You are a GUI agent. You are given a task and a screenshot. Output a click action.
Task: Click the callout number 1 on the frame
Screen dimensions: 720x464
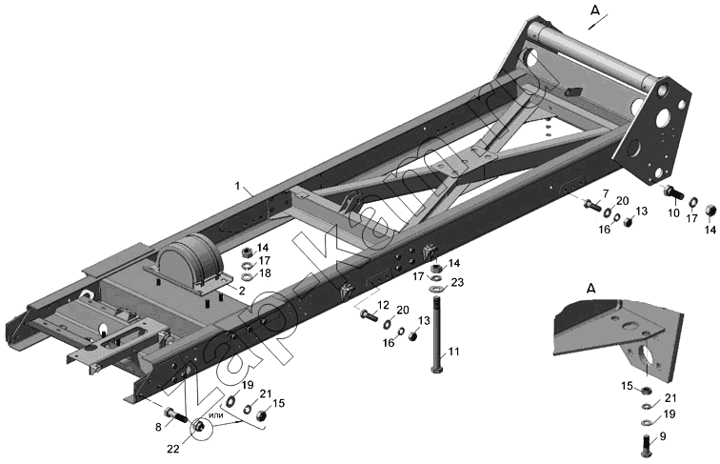(237, 186)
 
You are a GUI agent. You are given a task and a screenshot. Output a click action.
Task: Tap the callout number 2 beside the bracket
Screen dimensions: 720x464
(242, 291)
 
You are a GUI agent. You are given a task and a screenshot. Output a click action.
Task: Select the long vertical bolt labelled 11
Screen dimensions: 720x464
(437, 333)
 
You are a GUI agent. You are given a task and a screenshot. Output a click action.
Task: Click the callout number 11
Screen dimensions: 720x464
(453, 352)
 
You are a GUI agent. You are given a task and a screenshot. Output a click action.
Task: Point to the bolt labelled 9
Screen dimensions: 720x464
(647, 445)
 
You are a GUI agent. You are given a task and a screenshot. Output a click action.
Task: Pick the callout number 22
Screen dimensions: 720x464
(173, 449)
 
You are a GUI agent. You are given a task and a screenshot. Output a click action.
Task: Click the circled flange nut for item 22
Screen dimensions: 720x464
(199, 426)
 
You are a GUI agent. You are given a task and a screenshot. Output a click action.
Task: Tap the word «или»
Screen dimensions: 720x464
(216, 415)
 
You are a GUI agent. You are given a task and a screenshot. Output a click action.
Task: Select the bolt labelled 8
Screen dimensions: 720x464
(176, 414)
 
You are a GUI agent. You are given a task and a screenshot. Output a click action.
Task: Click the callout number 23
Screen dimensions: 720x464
(457, 282)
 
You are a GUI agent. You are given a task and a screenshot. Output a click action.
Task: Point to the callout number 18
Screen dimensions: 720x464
(265, 272)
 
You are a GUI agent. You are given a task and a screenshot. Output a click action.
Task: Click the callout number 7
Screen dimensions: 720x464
(605, 193)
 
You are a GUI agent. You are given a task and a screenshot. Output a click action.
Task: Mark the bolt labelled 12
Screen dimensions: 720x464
(370, 315)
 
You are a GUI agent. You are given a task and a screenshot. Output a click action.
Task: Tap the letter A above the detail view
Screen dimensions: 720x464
(591, 289)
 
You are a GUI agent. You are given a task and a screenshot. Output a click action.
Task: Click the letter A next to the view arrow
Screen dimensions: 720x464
(594, 11)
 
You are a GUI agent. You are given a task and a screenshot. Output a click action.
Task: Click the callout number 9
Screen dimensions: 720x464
(663, 436)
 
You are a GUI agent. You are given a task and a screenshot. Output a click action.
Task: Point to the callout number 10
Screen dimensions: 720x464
(673, 213)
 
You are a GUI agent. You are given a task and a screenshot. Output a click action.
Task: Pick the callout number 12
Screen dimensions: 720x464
(384, 305)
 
